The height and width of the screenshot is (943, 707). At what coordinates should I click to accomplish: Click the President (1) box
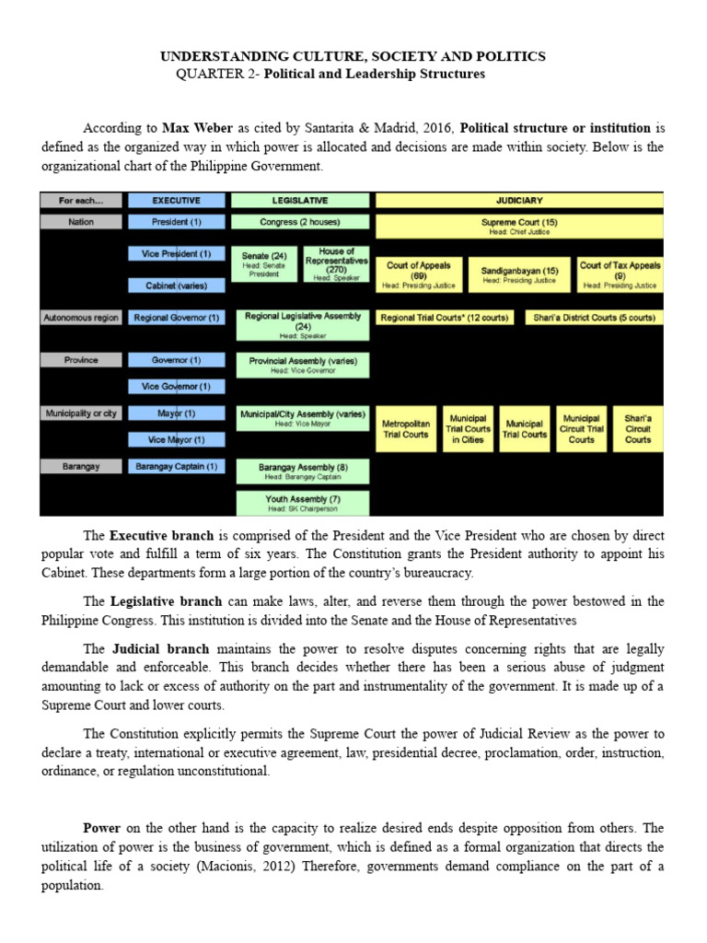coord(176,222)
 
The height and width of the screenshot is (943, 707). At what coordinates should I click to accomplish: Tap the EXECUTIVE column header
coord(176,199)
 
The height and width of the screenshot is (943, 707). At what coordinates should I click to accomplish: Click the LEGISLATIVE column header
coord(300,199)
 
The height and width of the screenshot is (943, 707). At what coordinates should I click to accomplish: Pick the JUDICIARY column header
coord(519,199)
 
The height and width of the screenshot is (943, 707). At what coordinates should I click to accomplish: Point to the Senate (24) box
coord(265,264)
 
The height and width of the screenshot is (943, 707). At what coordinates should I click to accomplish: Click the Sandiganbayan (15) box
coord(519,274)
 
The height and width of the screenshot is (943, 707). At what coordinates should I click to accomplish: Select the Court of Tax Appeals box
coord(620,274)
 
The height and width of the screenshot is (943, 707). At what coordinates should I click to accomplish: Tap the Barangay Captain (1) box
coord(176,467)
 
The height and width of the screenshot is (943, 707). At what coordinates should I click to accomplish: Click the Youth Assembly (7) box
coord(302,503)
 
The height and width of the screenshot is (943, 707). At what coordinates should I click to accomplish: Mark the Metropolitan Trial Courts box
coord(406,429)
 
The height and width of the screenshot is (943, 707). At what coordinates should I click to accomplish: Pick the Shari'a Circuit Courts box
coord(638,428)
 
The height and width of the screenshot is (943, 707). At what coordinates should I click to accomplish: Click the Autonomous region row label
coord(81,318)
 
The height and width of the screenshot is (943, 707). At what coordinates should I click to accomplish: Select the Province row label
coord(81,360)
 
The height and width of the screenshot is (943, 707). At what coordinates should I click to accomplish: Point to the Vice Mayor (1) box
coord(176,440)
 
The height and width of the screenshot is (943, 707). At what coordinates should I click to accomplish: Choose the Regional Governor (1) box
coord(176,318)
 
